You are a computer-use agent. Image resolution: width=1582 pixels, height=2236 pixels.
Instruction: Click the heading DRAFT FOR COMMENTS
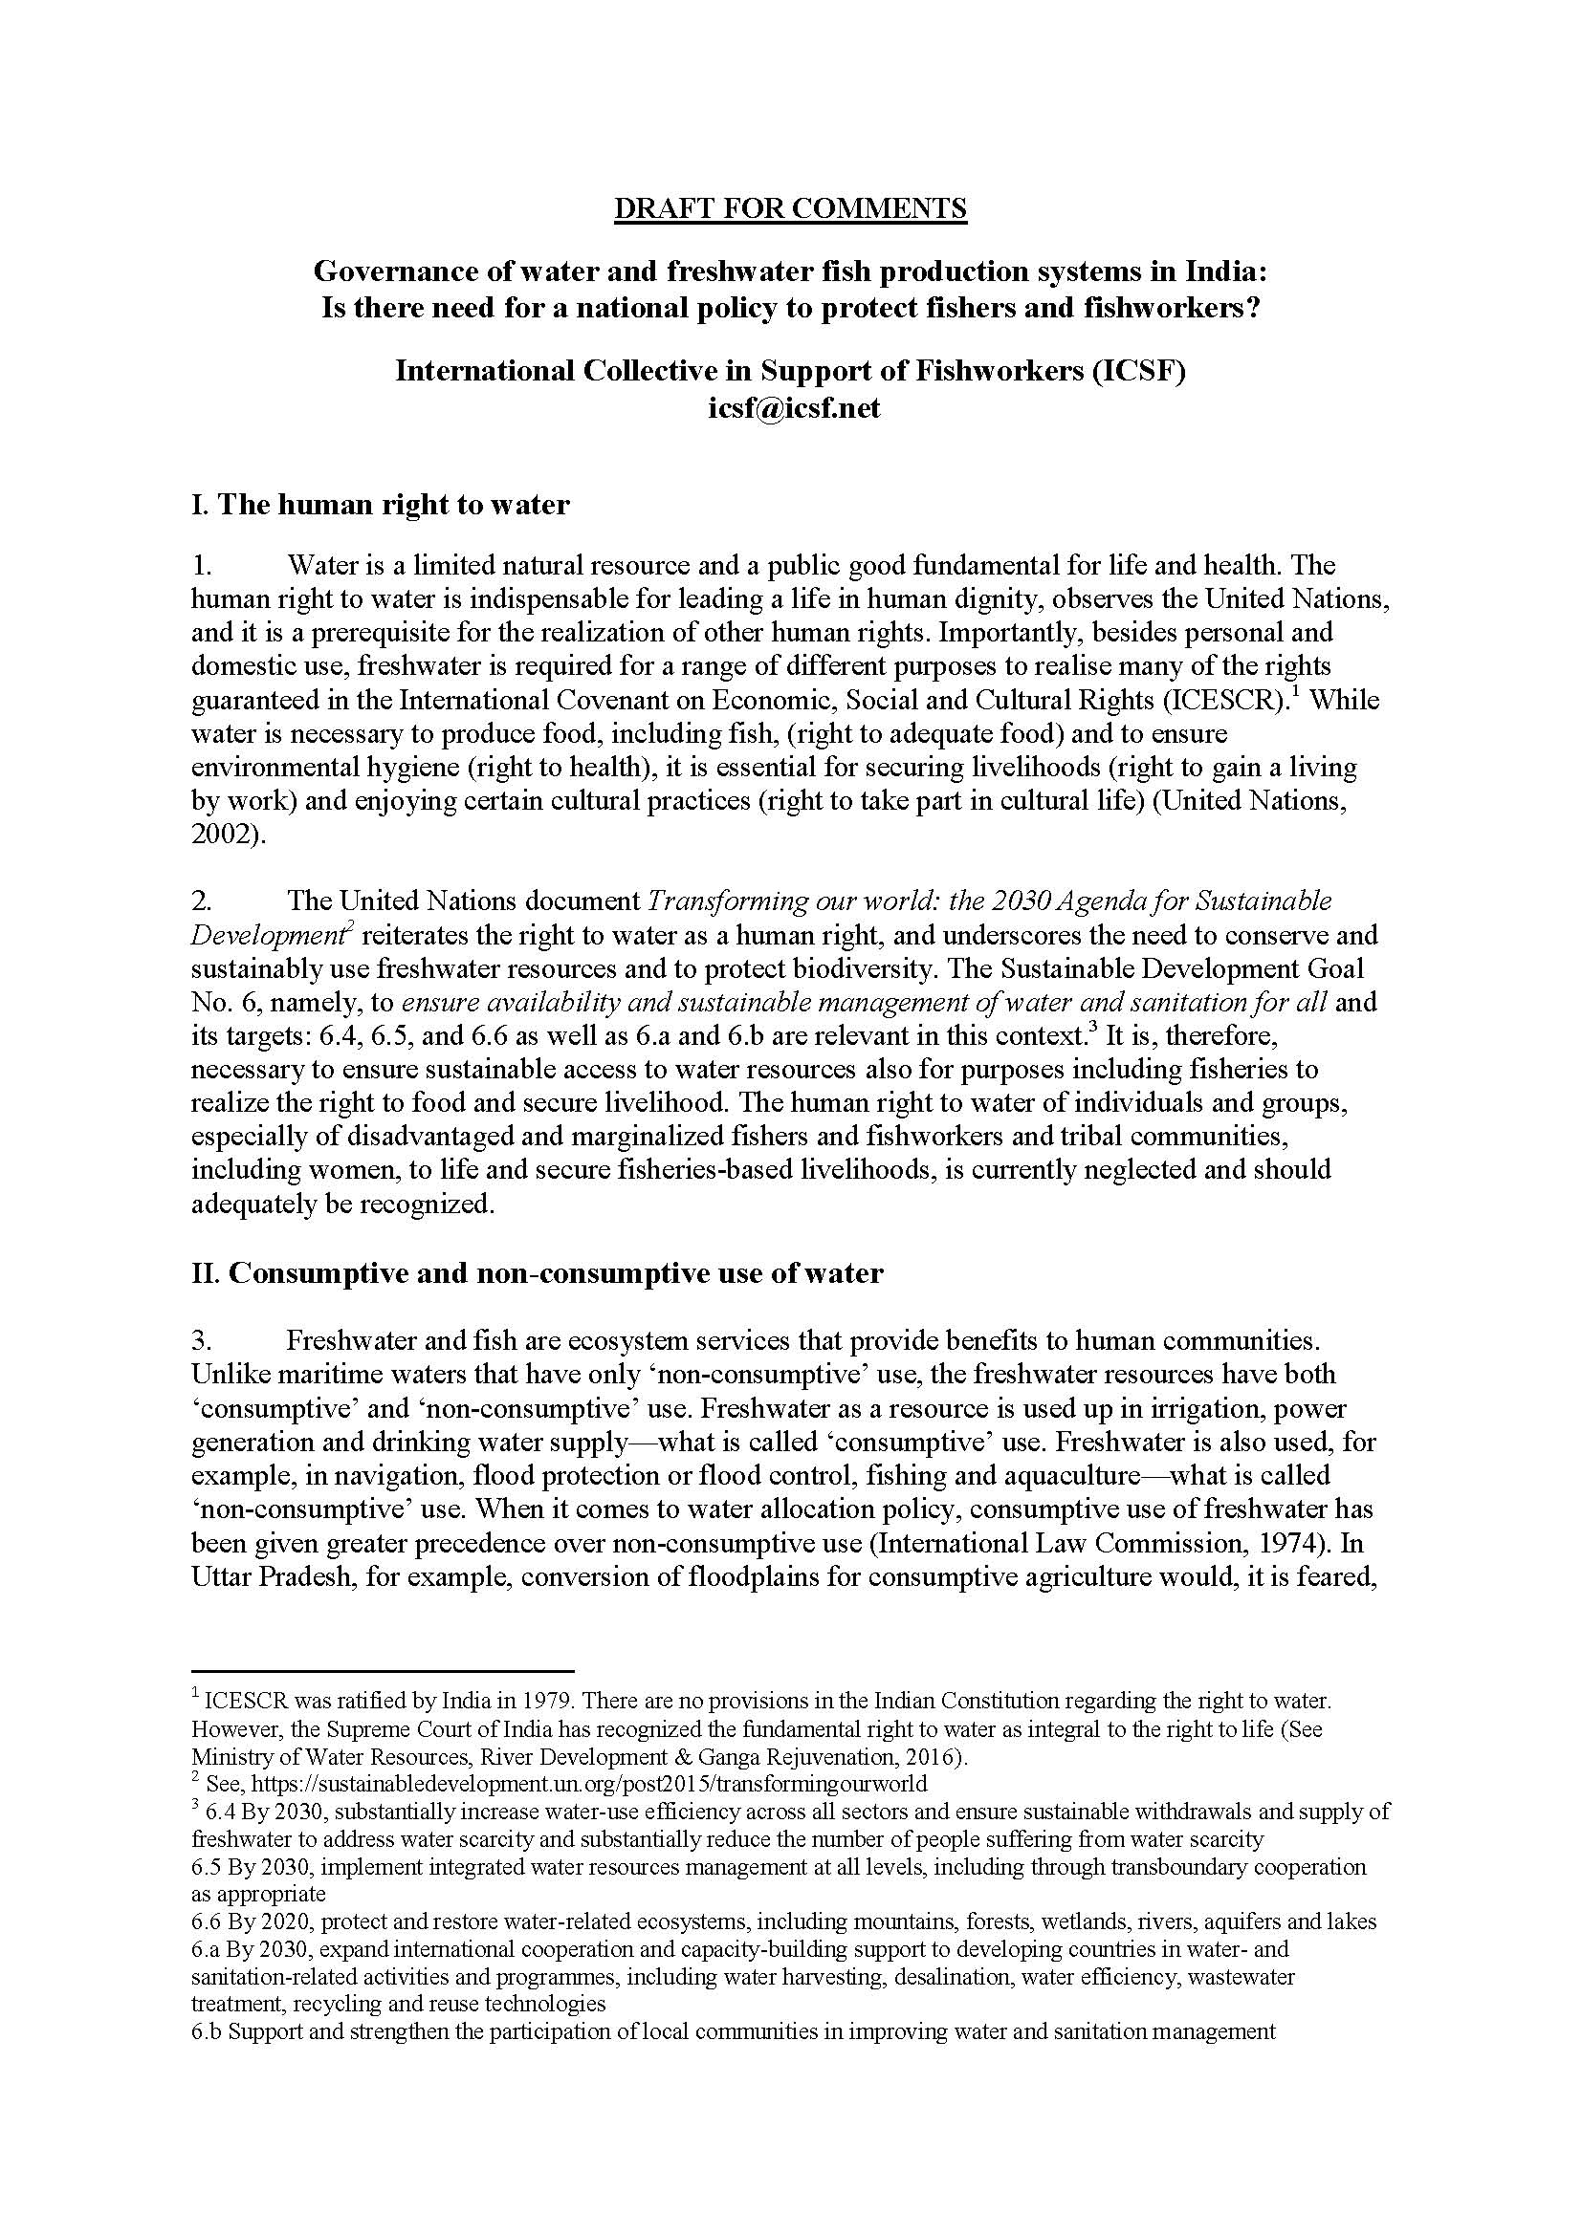pyautogui.click(x=790, y=208)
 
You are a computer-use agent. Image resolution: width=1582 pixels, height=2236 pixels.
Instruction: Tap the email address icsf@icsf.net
pyautogui.click(x=794, y=407)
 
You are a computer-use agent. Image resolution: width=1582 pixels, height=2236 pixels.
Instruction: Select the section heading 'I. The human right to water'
pyautogui.click(x=380, y=505)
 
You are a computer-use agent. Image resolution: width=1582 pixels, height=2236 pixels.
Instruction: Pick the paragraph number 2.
pyautogui.click(x=202, y=901)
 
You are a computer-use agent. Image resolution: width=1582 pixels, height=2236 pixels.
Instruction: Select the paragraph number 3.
pyautogui.click(x=202, y=1340)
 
